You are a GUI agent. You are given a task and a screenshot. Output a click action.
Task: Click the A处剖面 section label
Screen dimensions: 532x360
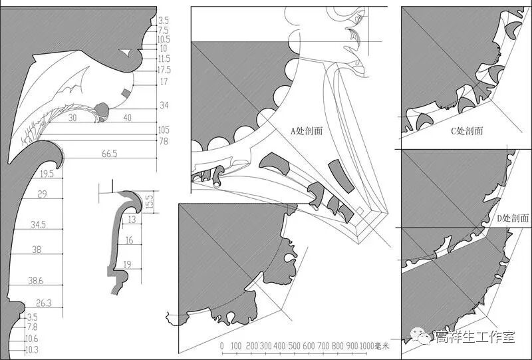(x=307, y=131)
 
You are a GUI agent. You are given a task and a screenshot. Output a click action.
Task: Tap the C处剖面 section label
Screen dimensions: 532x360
(x=467, y=131)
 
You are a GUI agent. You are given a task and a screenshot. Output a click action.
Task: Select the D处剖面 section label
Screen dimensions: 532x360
(x=513, y=218)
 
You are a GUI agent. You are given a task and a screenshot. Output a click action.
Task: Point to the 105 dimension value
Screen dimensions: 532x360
(x=164, y=130)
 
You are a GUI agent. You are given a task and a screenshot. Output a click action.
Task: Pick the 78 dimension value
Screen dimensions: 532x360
(x=163, y=141)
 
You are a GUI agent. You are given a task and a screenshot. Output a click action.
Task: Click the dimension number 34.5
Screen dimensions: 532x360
(x=38, y=226)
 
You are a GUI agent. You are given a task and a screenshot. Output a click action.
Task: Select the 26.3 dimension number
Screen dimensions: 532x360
(x=43, y=303)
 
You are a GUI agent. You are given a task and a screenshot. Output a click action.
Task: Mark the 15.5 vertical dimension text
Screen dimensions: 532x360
(x=150, y=199)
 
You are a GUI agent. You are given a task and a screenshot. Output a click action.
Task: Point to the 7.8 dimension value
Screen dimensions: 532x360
(x=32, y=327)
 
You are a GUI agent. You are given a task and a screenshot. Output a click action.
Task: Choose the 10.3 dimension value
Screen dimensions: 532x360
(x=32, y=349)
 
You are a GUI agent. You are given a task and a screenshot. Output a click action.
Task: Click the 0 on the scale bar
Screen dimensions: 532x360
(x=222, y=346)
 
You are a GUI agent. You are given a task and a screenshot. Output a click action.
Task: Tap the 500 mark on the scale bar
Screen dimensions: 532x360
(x=295, y=346)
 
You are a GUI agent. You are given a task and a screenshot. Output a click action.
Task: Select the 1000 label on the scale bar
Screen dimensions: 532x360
(x=368, y=346)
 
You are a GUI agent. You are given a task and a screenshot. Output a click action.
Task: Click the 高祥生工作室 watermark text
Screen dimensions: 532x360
(x=475, y=337)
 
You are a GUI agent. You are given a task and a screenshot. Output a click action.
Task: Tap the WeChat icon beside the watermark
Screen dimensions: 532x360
(x=424, y=337)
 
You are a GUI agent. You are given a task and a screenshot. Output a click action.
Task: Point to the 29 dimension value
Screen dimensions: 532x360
(x=42, y=194)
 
